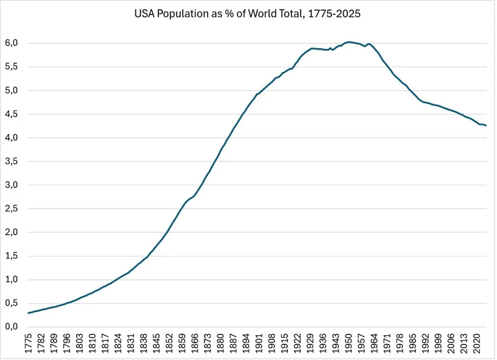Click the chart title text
[247, 14]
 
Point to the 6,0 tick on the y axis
[11, 43]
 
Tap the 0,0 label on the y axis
[11, 327]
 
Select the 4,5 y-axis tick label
[11, 114]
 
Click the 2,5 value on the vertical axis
[11, 208]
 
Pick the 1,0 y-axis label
[11, 279]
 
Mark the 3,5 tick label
[11, 161]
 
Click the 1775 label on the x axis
[28, 343]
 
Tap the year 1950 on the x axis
[349, 343]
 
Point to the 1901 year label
[259, 343]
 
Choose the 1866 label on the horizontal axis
[195, 343]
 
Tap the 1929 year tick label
[310, 343]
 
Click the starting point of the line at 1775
[28, 313]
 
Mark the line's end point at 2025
[486, 125]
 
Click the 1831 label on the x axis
[131, 343]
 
